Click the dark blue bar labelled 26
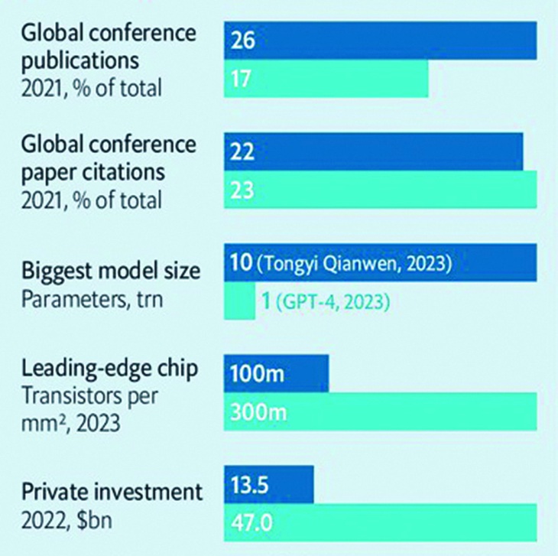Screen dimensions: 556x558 (x=380, y=41)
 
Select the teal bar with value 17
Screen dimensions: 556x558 (x=326, y=80)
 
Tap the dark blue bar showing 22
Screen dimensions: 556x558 (x=373, y=151)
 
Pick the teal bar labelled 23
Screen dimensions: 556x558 (x=380, y=190)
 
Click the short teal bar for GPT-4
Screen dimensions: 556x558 (x=239, y=301)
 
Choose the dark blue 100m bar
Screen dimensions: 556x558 (x=276, y=375)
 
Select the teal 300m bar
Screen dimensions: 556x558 (x=380, y=413)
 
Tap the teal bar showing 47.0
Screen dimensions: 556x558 (x=380, y=525)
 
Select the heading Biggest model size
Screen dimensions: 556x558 (x=112, y=271)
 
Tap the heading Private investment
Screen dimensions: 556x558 (x=112, y=490)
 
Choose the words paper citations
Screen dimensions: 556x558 (x=92, y=171)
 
